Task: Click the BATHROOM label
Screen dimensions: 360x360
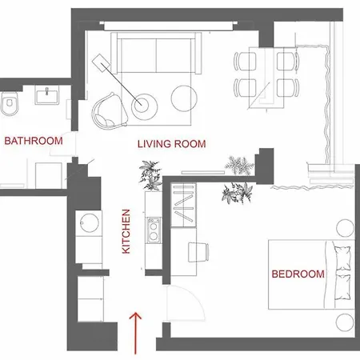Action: coord(34,142)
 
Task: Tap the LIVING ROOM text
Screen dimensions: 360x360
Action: coord(172,145)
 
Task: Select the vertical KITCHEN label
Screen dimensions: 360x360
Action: coord(126,232)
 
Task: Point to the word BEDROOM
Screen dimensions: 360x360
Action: coord(298,274)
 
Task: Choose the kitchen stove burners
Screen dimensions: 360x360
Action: coord(151,231)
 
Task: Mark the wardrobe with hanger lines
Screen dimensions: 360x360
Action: coord(183,206)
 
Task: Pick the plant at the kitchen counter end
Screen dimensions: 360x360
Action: coord(150,174)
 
